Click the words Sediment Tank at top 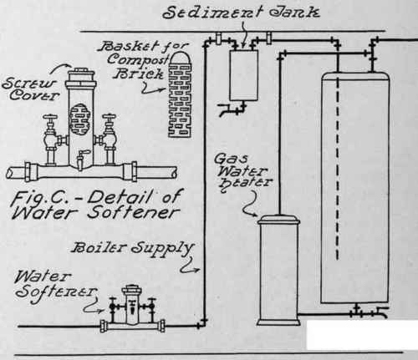point(241,12)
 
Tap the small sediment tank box point(243,75)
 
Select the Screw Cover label point(31,89)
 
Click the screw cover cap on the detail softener point(81,74)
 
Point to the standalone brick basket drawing point(180,95)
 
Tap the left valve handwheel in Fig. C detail point(50,117)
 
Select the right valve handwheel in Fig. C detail point(109,117)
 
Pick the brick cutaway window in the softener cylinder point(80,119)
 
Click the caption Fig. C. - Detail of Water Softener point(95,204)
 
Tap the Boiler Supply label point(132,249)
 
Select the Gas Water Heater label point(242,171)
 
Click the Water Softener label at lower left point(55,284)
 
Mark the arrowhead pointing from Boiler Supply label point(197,270)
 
